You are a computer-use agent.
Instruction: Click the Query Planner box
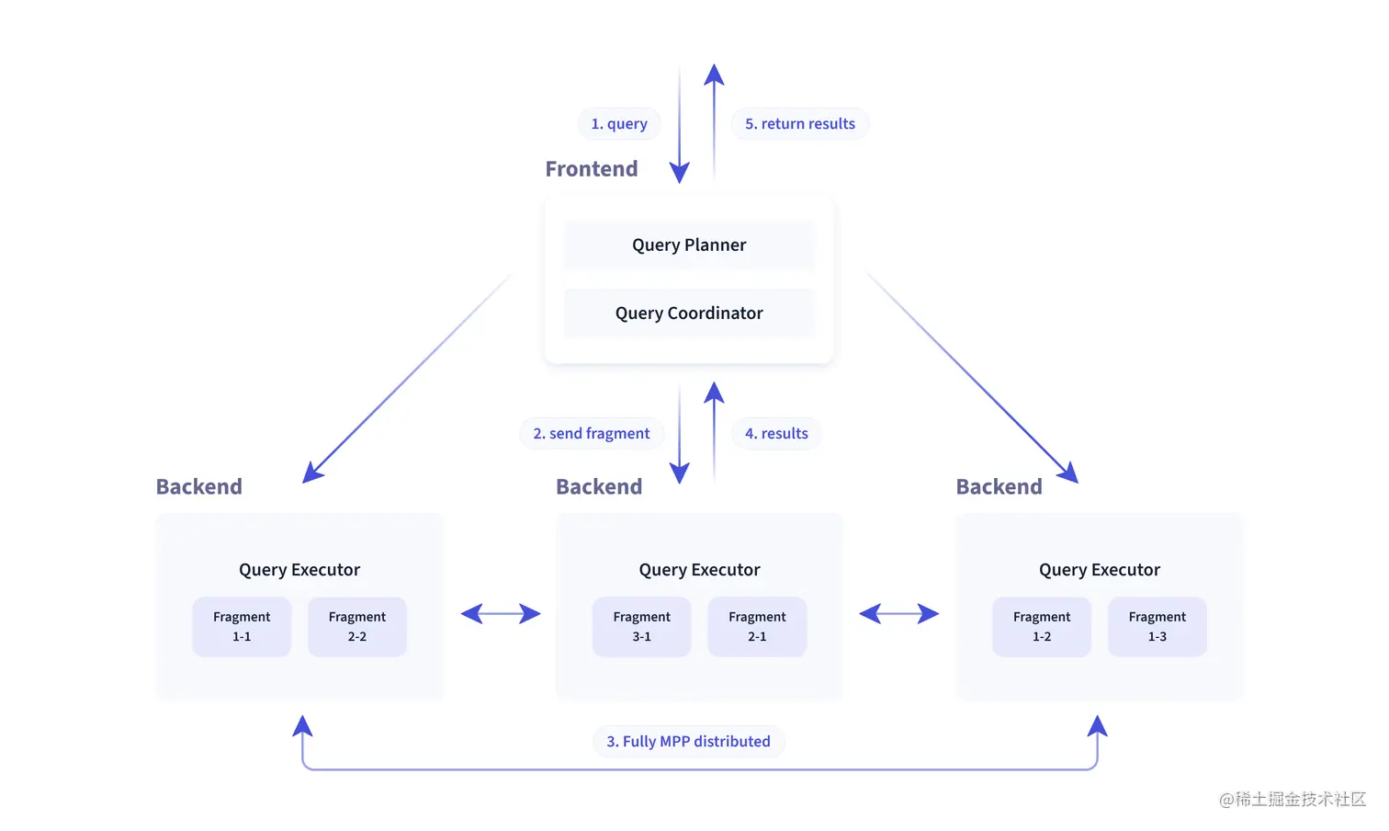(x=689, y=245)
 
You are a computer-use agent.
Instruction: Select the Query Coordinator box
(x=689, y=313)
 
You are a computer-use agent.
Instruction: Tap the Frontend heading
(x=592, y=169)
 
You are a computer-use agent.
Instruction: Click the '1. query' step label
(x=619, y=123)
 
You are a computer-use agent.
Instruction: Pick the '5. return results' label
(x=800, y=123)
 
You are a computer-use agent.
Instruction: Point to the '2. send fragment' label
(x=592, y=433)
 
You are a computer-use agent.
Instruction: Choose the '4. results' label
(x=776, y=433)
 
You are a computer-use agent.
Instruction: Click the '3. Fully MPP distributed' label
(x=688, y=741)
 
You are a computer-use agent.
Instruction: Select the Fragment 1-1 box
(x=242, y=626)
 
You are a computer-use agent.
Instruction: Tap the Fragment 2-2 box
(x=357, y=626)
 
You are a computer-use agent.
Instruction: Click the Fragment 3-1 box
(x=642, y=626)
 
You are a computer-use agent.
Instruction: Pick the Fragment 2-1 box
(x=757, y=626)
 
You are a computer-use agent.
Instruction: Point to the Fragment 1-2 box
(x=1042, y=626)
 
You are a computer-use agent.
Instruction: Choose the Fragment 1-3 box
(x=1157, y=626)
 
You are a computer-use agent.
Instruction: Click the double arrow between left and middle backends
(x=501, y=614)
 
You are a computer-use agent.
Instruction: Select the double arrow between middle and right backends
(x=898, y=614)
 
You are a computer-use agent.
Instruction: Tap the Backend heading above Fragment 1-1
(x=199, y=486)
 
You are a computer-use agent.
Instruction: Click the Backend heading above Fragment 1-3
(x=999, y=486)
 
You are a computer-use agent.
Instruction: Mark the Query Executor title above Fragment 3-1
(x=699, y=569)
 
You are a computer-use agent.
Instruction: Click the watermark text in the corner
(x=1293, y=799)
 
